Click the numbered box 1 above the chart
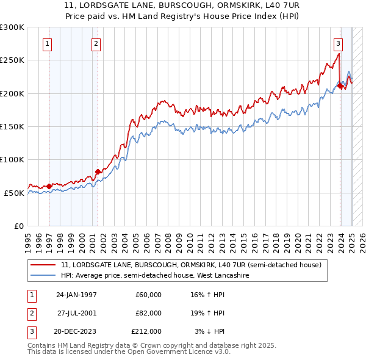48,43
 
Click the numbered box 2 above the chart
96,43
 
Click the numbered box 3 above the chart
338,43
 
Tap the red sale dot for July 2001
98,171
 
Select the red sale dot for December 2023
340,85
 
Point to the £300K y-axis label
12,27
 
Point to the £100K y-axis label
12,159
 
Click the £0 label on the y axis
18,226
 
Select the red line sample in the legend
43,265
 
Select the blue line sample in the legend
43,276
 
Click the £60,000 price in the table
148,295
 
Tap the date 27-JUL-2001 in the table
77,313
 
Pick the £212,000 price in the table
146,331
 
